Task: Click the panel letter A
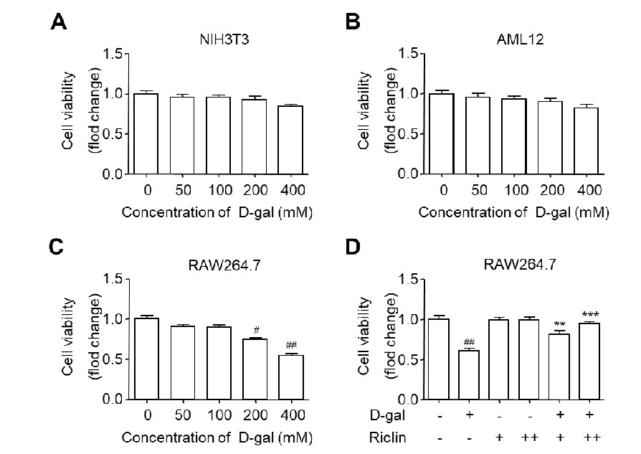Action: pos(61,22)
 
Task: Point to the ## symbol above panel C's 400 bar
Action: pos(292,345)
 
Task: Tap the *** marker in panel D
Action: pos(589,314)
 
